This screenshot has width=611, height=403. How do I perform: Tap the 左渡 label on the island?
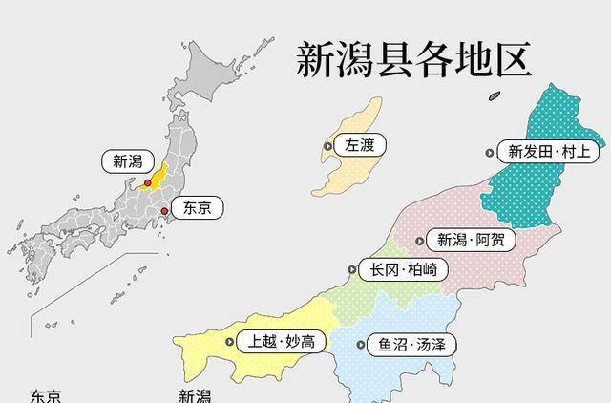359,146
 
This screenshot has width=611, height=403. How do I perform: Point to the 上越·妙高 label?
280,341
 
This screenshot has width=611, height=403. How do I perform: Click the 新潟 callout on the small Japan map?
127,161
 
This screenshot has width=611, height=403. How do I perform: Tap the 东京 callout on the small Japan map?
198,206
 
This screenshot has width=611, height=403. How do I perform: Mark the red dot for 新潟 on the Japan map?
147,183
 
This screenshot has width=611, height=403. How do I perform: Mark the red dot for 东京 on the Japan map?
164,210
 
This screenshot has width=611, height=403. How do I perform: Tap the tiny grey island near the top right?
494,95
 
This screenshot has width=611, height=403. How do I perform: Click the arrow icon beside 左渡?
328,146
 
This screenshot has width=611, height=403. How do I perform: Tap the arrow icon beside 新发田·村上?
490,151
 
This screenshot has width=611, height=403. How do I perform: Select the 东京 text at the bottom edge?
46,395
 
